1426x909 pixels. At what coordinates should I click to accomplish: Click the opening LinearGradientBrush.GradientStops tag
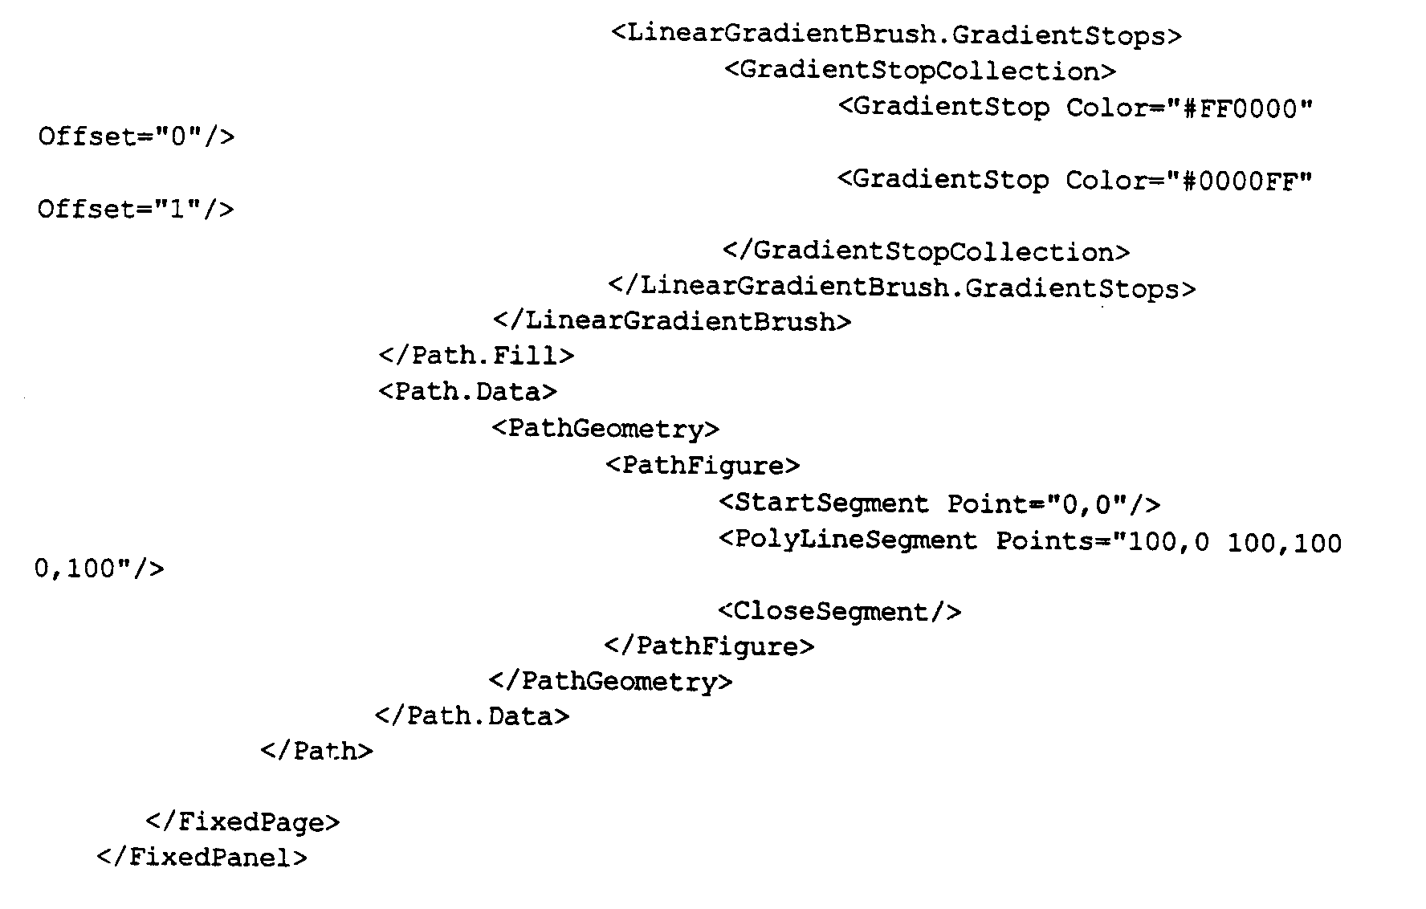[x=896, y=35]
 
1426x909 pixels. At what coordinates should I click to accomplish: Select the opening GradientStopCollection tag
[x=920, y=71]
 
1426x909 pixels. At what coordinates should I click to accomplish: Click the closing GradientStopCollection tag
[x=926, y=251]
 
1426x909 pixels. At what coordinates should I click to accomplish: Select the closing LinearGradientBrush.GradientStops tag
[x=902, y=287]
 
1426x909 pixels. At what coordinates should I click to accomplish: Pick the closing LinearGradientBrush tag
[x=672, y=321]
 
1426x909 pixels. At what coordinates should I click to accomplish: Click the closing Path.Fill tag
[x=477, y=355]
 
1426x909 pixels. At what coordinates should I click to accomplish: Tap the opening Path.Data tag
[x=467, y=391]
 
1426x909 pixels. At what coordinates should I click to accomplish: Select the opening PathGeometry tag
[x=605, y=428]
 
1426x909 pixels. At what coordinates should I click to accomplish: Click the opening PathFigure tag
[x=703, y=465]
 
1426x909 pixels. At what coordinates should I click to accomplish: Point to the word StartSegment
[x=832, y=503]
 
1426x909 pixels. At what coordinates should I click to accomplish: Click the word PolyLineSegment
[x=856, y=540]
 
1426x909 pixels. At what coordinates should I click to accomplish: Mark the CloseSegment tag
[x=839, y=612]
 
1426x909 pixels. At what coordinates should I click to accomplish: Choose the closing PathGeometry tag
[x=610, y=682]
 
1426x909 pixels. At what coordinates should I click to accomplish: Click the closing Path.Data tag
[x=472, y=715]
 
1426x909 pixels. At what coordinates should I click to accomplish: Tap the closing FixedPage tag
[x=243, y=822]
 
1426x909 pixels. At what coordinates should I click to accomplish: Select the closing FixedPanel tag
[x=202, y=858]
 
